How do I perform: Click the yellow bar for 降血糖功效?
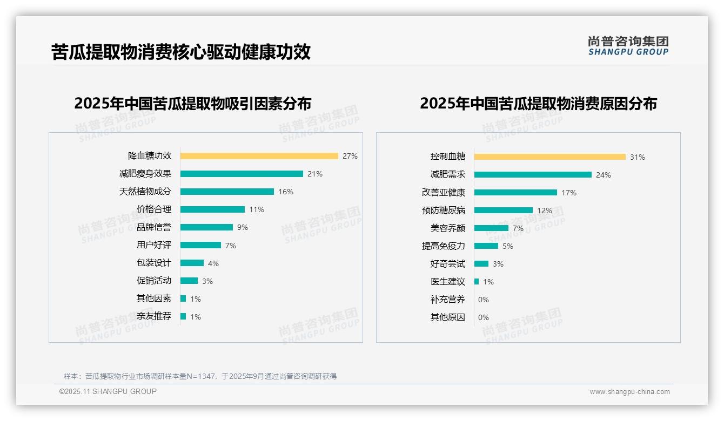coord(259,156)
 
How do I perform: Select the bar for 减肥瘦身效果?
coord(242,174)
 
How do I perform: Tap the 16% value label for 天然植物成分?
coord(285,192)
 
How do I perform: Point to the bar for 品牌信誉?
coord(206,227)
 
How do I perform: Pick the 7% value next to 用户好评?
coord(230,246)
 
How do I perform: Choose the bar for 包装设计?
coord(192,263)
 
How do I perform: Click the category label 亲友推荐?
coord(153,316)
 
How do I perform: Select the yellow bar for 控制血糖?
coord(549,157)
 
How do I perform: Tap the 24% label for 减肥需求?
coord(603,175)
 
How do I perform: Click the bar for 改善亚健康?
coord(515,193)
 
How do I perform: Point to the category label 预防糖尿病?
coord(443,210)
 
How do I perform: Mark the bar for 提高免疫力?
coord(486,246)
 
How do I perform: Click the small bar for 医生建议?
coord(477,282)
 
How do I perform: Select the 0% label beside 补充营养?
coord(483,300)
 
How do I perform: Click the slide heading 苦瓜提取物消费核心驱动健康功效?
coord(180,52)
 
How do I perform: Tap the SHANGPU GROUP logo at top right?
coord(628,46)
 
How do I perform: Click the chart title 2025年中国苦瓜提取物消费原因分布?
coord(538,104)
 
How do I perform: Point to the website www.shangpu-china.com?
coord(629,392)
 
